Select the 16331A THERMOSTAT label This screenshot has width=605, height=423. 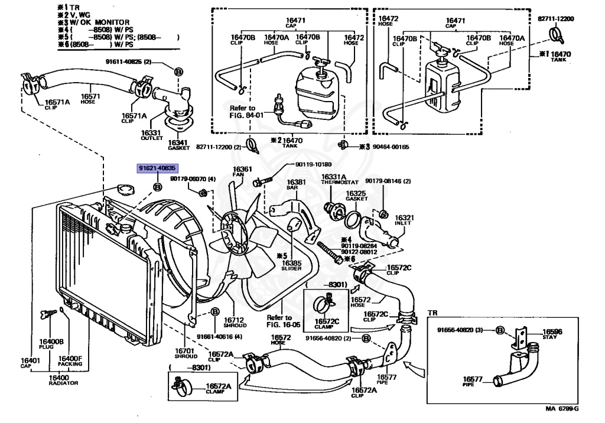point(335,180)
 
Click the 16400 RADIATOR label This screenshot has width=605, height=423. point(63,379)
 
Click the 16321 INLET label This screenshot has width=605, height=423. point(404,220)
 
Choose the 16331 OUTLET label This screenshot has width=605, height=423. point(151,135)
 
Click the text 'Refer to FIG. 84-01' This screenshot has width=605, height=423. point(244,112)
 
